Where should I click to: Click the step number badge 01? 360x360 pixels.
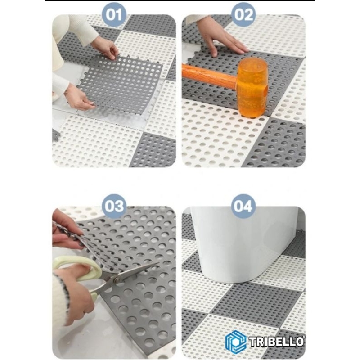(x=114, y=15)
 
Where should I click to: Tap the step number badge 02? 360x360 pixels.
(x=243, y=15)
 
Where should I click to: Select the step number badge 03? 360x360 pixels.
(x=114, y=206)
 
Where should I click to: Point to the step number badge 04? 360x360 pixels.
(x=243, y=206)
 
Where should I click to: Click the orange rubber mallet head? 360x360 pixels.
(x=252, y=87)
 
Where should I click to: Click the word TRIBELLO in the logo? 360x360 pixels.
(x=277, y=342)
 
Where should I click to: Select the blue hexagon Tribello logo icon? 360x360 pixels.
(x=235, y=342)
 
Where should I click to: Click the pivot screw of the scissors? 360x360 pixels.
(x=117, y=280)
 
